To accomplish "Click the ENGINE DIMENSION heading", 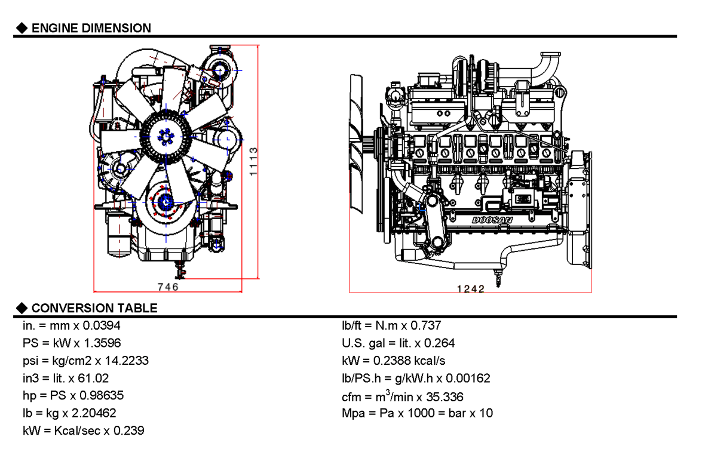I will (x=91, y=27).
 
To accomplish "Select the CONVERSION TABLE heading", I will (x=94, y=308).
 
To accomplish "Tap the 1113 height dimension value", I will (x=253, y=161).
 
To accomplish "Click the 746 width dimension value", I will (x=168, y=287).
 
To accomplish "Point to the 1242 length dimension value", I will (x=470, y=289).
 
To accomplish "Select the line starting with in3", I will (x=65, y=378).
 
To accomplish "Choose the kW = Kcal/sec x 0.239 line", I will (x=82, y=430).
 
